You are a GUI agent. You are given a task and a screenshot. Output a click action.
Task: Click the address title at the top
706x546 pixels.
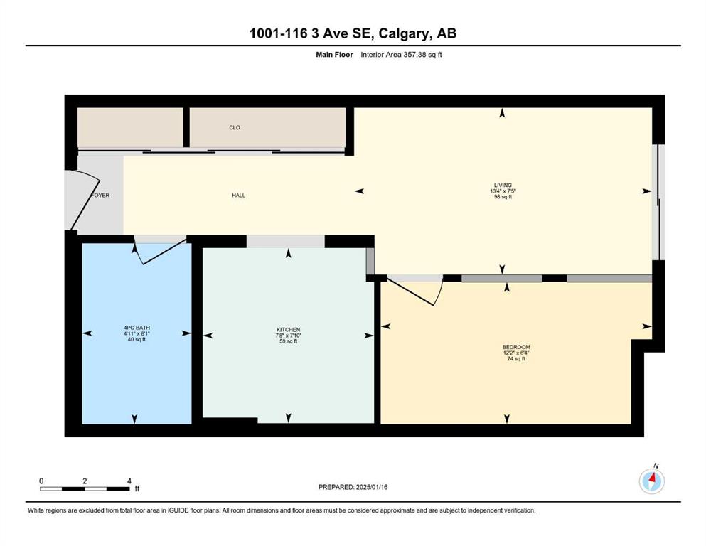click(x=353, y=33)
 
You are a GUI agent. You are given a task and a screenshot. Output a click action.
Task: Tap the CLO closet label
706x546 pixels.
click(x=235, y=128)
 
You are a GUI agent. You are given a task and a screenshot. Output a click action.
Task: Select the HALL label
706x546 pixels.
click(x=239, y=196)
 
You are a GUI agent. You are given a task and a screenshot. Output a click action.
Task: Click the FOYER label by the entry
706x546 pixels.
click(x=101, y=196)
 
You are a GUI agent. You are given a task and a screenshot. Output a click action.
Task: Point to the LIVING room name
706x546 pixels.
click(x=503, y=185)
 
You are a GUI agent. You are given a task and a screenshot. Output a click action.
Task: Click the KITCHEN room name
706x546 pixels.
click(x=288, y=330)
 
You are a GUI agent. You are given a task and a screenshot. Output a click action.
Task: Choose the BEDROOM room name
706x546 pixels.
click(x=516, y=347)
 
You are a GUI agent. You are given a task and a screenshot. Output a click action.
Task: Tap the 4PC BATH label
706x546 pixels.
click(x=137, y=328)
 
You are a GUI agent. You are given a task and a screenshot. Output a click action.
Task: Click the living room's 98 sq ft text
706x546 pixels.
click(x=503, y=197)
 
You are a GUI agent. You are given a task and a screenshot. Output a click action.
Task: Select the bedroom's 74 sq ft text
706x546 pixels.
click(x=516, y=359)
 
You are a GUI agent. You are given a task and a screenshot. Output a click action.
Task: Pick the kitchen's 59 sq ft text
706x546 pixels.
click(x=288, y=341)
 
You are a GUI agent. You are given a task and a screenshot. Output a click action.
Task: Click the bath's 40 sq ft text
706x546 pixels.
click(x=137, y=339)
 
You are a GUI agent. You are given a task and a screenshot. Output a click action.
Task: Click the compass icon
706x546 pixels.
click(x=651, y=481)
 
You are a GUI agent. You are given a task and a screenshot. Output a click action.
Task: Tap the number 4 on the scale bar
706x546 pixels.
click(x=129, y=481)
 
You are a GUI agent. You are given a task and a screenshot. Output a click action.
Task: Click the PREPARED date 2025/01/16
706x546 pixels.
click(x=371, y=487)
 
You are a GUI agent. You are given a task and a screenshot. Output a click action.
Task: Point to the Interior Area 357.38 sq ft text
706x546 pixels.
click(x=401, y=55)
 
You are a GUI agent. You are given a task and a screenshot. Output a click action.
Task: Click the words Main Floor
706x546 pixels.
click(x=334, y=55)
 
